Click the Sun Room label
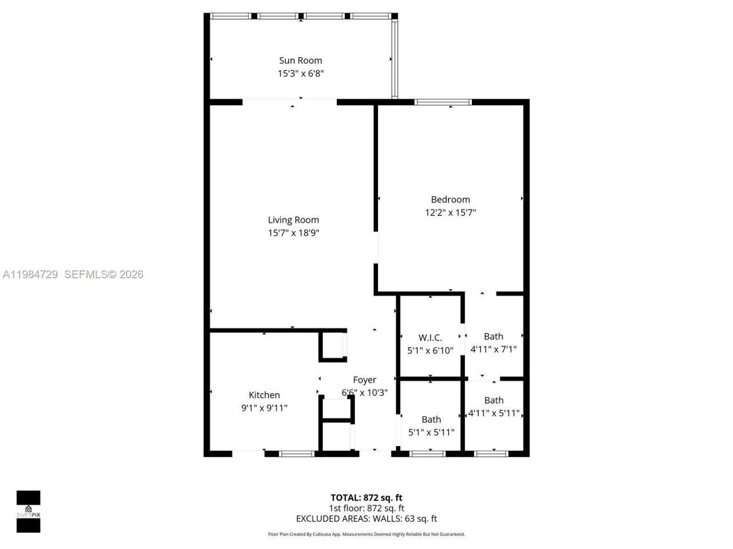301,60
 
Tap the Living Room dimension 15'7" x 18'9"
293,233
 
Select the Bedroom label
450,199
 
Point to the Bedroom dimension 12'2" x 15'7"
450,212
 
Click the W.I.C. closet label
430,337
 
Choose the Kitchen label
264,395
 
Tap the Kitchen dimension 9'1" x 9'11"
264,408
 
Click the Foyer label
364,380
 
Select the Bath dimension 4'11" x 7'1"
493,349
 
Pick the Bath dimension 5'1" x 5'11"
431,432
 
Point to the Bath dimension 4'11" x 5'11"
494,413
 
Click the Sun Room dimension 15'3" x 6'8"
301,73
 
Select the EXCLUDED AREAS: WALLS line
366,519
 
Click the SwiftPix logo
28,511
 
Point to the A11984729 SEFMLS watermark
73,274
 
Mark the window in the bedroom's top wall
443,102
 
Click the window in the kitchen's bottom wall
297,453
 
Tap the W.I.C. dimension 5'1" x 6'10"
430,351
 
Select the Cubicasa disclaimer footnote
366,534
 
